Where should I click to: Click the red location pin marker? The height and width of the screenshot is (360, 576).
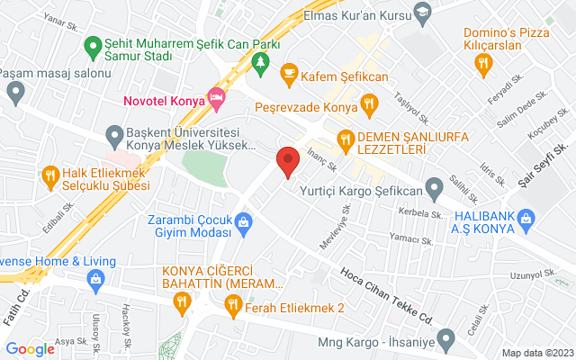287,161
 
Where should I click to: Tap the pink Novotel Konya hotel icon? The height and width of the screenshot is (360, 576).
215,97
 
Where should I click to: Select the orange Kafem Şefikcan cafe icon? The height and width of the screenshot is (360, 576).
289,72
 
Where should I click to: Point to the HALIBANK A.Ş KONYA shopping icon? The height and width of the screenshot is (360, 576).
526,217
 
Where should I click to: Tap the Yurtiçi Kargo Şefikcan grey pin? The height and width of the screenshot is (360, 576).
434,191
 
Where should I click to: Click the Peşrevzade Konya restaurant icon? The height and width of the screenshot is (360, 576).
369,105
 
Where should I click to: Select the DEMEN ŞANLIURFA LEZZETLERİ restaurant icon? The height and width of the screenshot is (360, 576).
344,139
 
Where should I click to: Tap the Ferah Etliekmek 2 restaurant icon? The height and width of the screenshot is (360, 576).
233,307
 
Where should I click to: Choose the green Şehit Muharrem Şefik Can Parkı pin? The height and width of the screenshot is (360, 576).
91,44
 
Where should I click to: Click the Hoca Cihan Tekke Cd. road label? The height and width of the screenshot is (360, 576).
388,292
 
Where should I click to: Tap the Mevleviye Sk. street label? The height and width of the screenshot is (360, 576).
336,225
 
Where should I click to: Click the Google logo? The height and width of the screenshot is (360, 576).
31,349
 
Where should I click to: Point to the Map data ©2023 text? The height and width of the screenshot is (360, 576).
536,353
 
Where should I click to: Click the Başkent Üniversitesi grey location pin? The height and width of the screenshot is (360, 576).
114,137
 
